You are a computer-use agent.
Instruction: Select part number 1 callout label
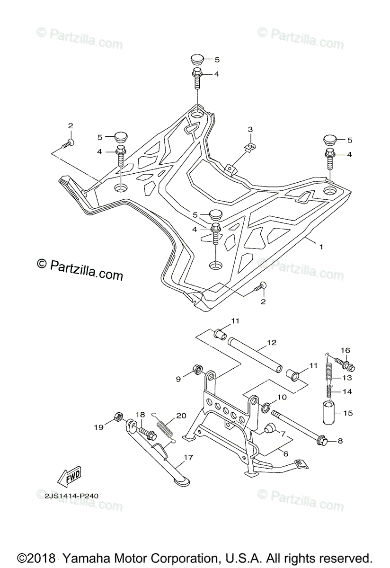click(321, 247)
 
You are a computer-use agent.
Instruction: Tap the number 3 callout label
click(250, 129)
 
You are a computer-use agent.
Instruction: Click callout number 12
click(271, 342)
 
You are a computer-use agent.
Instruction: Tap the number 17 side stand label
click(188, 458)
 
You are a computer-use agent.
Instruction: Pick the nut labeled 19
click(119, 417)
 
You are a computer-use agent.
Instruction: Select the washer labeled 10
click(266, 406)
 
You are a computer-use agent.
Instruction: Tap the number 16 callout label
click(345, 350)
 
